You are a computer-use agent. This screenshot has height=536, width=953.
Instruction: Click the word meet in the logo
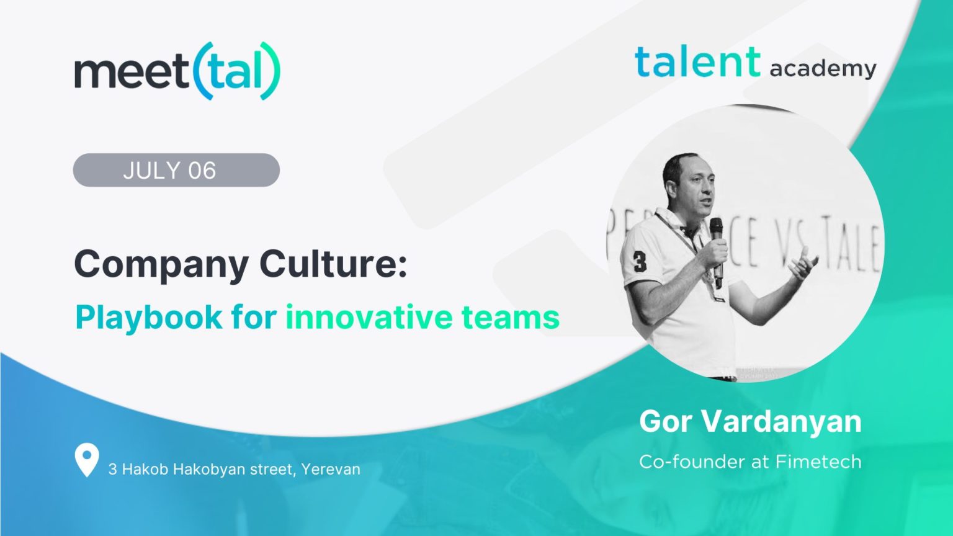[130, 72]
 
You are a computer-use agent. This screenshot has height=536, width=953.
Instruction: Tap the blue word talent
[697, 63]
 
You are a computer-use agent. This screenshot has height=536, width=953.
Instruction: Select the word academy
[823, 68]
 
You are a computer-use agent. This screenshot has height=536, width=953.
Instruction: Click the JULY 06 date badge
[176, 170]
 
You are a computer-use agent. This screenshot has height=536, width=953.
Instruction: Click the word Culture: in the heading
[333, 264]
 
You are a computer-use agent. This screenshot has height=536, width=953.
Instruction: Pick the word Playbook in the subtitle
[148, 318]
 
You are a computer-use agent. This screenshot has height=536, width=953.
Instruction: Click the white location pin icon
[86, 459]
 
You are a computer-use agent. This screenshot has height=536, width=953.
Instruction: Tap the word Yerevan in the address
[331, 469]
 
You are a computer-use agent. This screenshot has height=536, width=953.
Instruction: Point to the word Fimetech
[818, 462]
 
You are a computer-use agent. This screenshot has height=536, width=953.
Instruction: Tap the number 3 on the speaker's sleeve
[640, 261]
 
